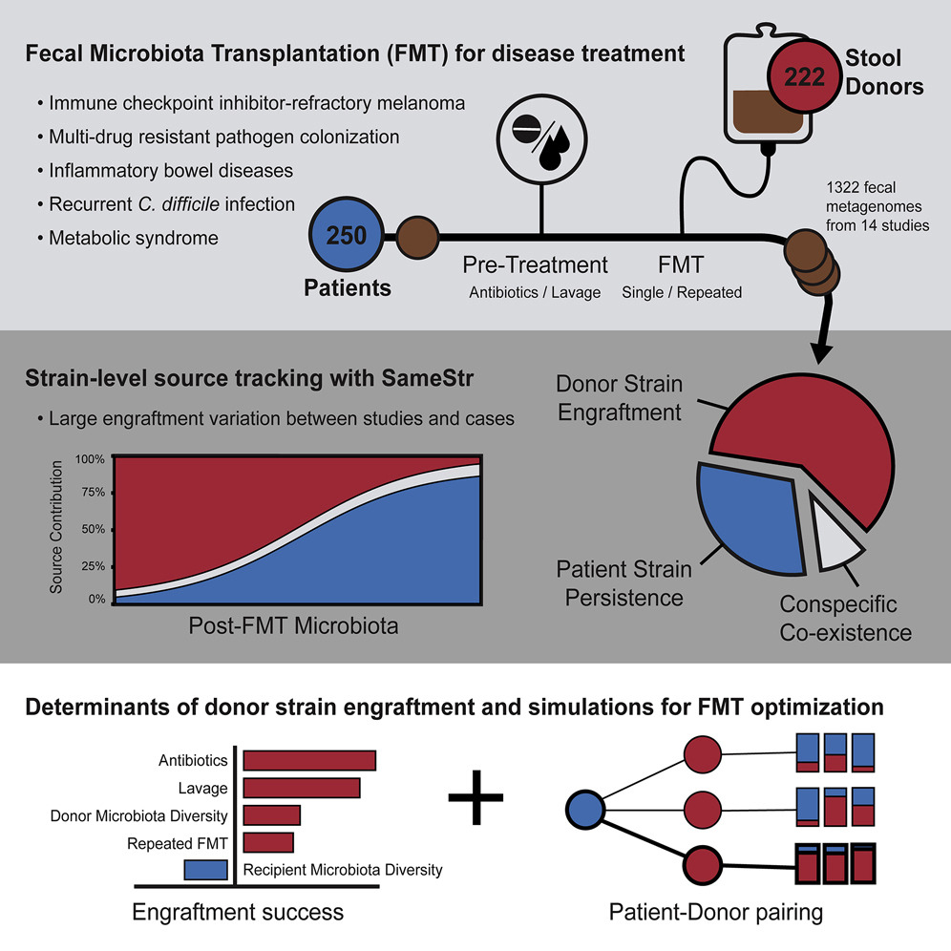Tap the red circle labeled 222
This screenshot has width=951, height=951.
[x=803, y=76]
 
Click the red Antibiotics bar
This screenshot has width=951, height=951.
[x=309, y=760]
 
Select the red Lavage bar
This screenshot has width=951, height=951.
[x=302, y=788]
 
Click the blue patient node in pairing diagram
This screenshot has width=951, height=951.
[x=585, y=812]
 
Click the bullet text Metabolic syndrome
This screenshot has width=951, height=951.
[x=133, y=238]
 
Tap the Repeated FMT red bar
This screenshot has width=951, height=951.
[x=268, y=843]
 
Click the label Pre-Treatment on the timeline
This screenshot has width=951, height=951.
[x=535, y=264]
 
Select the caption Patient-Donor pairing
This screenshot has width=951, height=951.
[x=716, y=913]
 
